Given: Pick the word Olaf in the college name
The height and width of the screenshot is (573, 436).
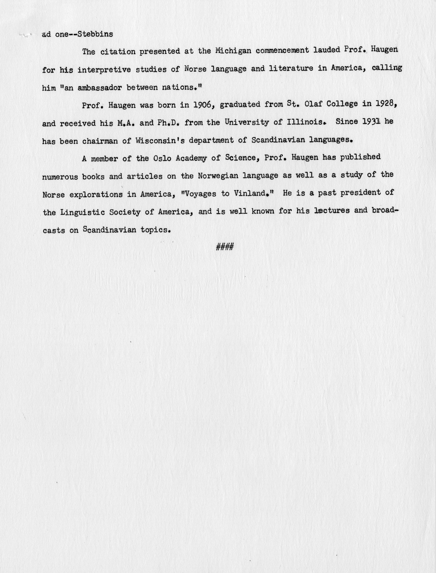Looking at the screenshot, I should pos(313,104).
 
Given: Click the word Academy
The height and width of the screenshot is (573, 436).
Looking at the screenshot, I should pos(191,158).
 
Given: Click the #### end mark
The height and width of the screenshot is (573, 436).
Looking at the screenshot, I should pos(225,247).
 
